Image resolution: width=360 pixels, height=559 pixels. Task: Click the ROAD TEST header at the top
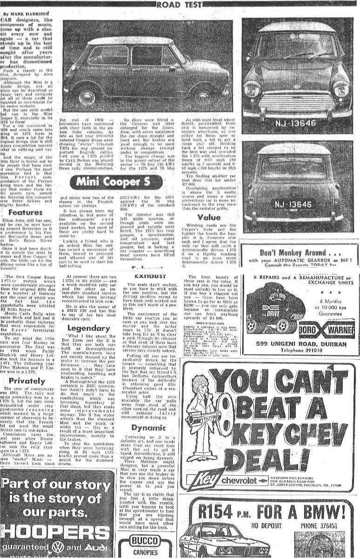pos(180,5)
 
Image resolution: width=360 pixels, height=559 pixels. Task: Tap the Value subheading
pos(209,217)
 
